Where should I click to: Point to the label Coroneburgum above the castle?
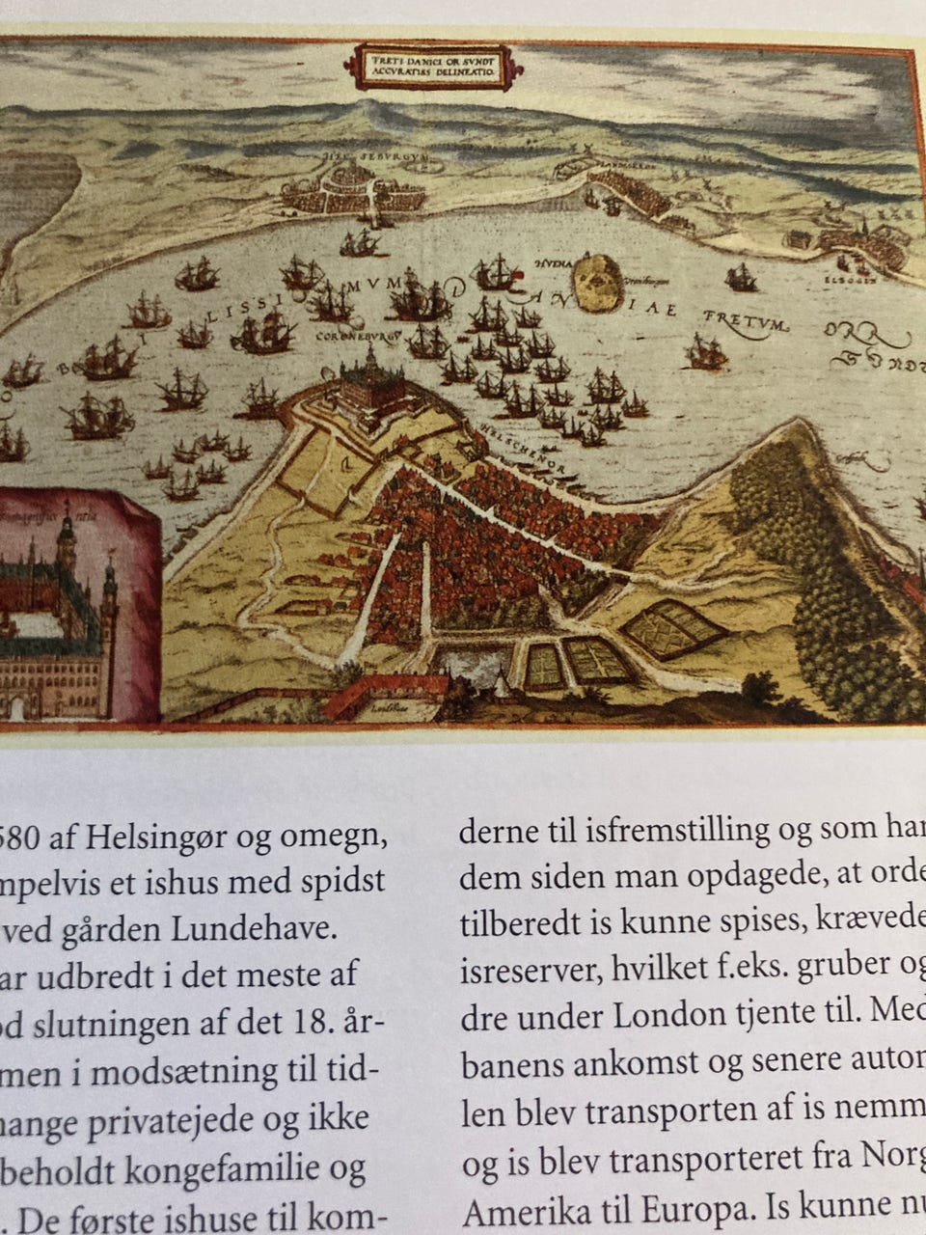click(x=358, y=339)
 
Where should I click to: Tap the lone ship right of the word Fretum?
click(x=706, y=352)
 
